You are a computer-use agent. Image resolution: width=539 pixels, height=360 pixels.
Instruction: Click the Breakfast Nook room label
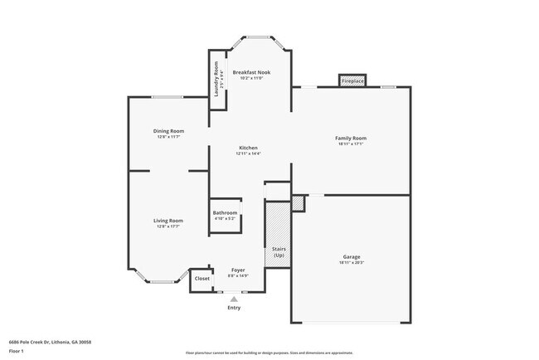coord(250,73)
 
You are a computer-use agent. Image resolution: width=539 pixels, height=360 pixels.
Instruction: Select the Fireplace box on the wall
coord(352,80)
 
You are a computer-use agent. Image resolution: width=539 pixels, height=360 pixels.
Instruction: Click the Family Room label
coord(351,138)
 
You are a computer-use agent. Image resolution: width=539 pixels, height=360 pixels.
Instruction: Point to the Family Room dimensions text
coord(351,144)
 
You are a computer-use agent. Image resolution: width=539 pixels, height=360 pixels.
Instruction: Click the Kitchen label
coord(249,147)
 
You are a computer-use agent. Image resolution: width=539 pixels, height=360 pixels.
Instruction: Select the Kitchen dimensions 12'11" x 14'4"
coord(249,153)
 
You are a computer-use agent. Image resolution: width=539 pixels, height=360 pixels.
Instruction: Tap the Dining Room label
coord(168,130)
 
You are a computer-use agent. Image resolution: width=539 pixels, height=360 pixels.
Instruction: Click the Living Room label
coord(168,220)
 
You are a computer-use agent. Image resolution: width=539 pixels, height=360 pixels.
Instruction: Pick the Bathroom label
coord(226,213)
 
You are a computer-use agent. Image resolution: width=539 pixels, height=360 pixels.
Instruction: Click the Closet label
coord(202,279)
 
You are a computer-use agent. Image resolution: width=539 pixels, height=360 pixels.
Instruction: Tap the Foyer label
coord(238,270)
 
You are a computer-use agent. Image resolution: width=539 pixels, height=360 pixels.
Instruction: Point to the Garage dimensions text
coord(352,263)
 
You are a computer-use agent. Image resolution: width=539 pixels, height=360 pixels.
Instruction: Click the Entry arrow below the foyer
coord(234,298)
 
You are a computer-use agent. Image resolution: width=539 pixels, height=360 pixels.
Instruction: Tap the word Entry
coord(235,308)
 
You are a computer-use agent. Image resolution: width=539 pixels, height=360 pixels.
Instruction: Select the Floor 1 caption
coord(17,351)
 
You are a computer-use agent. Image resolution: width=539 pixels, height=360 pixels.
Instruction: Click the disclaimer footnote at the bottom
coord(269,353)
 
